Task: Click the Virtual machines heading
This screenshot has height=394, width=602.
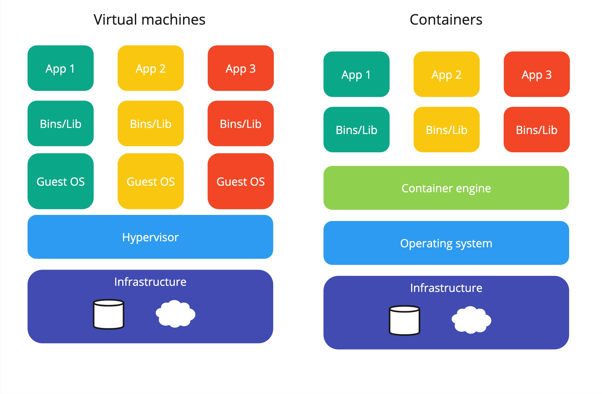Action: click(149, 20)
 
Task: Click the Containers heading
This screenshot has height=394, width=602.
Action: click(446, 20)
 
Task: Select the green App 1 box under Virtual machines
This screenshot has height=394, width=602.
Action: click(60, 68)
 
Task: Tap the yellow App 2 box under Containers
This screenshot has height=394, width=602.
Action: click(446, 74)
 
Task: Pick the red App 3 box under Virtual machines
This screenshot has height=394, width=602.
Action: click(240, 68)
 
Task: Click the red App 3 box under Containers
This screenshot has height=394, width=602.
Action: click(536, 74)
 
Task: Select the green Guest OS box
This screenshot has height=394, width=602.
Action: click(60, 181)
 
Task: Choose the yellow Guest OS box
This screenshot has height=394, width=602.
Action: click(150, 181)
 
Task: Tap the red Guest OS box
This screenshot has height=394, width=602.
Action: click(240, 181)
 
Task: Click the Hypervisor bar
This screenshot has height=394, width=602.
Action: click(150, 237)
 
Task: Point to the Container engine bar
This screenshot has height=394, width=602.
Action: click(446, 188)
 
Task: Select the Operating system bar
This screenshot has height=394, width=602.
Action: click(446, 243)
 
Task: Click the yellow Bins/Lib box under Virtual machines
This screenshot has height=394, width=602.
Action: click(150, 124)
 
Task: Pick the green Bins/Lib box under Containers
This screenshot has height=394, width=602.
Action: click(356, 130)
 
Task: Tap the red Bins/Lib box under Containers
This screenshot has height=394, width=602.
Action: click(536, 130)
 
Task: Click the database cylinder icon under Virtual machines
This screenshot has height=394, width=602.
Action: click(109, 314)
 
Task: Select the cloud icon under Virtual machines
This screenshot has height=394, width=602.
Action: click(175, 314)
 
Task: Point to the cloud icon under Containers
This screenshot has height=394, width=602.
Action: click(471, 320)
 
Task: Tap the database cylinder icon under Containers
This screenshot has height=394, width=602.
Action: click(404, 320)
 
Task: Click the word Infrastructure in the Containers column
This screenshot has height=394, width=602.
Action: click(446, 288)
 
